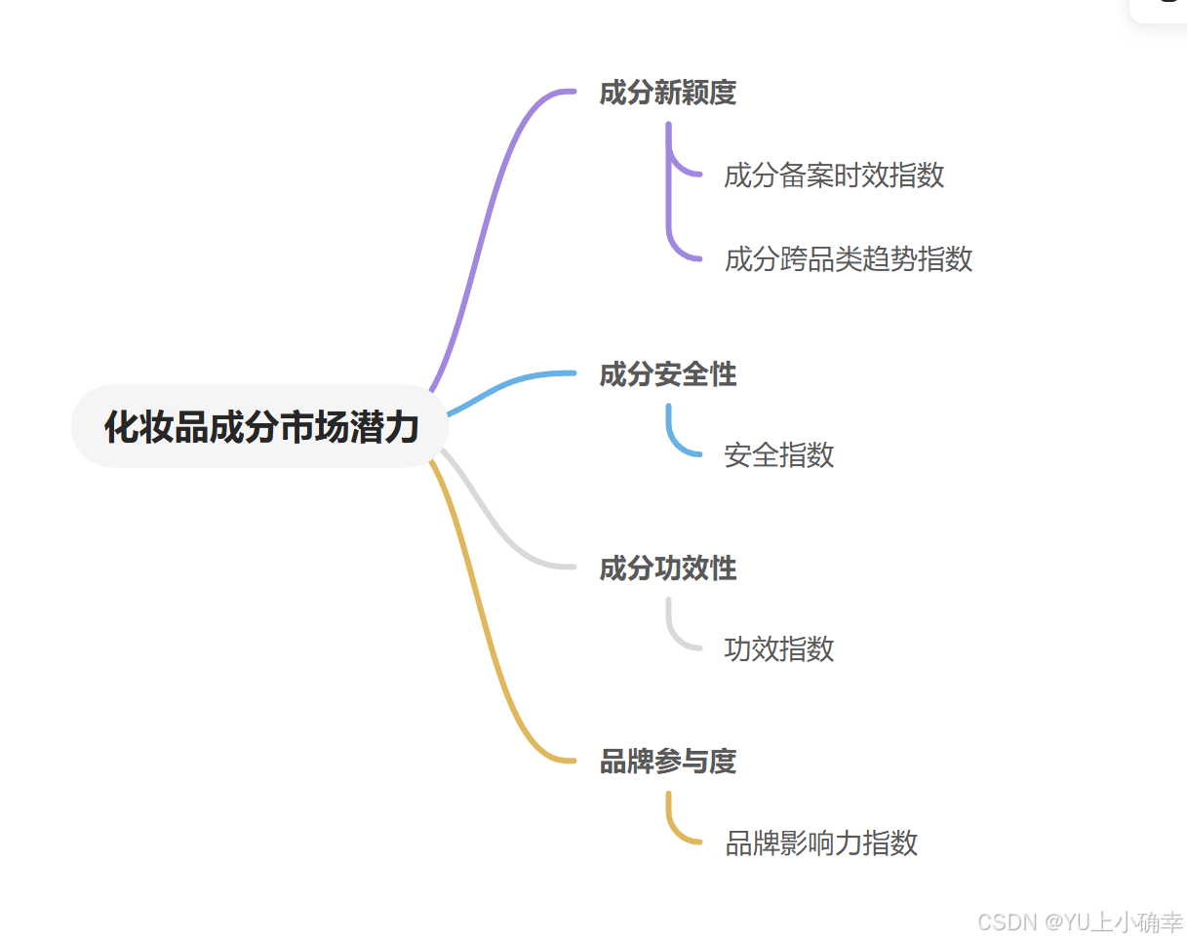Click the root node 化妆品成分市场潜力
coord(260,427)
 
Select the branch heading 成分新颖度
coord(667,94)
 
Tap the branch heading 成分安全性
coord(667,374)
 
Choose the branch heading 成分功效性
coord(667,569)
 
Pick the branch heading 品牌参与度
coord(667,762)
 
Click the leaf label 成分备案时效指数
coord(834,176)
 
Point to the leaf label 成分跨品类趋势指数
coord(849,259)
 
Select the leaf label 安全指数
coord(779,454)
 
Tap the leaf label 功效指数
coord(779,648)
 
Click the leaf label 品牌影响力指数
coord(821,843)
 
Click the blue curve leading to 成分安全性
coord(507,385)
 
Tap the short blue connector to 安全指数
coord(673,440)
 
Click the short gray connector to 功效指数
coord(673,634)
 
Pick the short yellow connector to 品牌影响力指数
coord(673,828)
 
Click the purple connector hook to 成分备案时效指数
coord(683,169)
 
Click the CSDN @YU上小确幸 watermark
coord(1080,921)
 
